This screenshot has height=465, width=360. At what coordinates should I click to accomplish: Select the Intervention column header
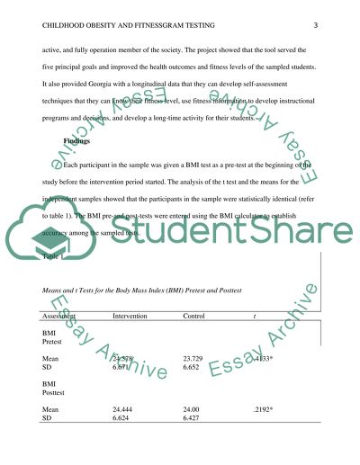coord(132,317)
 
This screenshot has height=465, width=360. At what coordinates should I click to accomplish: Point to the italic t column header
coord(262,317)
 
